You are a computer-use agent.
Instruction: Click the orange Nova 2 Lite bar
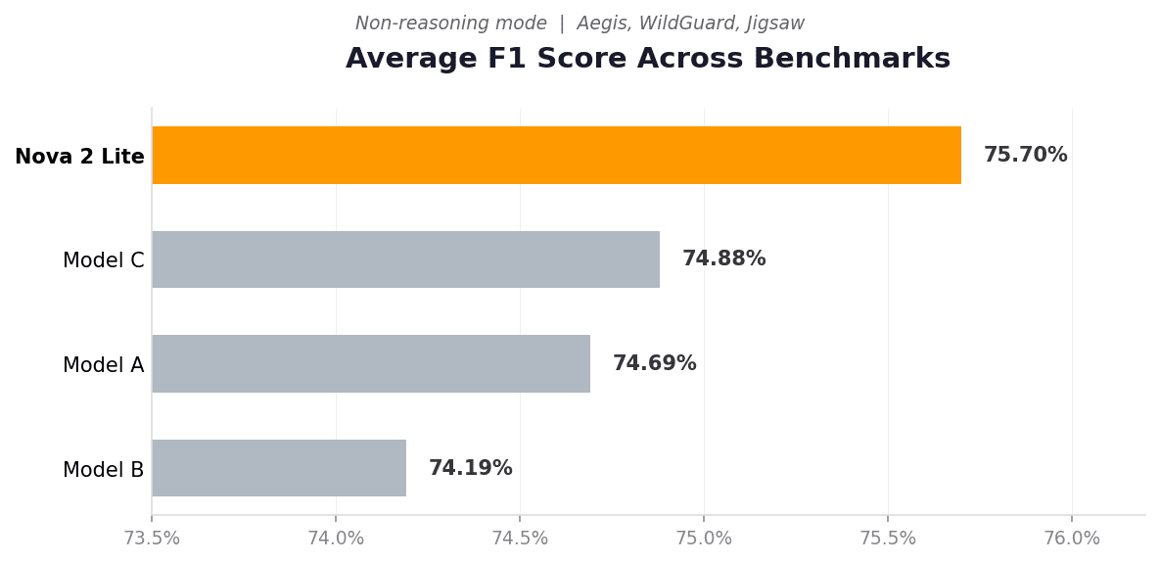pyautogui.click(x=556, y=155)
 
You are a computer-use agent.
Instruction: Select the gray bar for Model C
pyautogui.click(x=405, y=258)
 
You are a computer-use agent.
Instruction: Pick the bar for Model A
pyautogui.click(x=371, y=363)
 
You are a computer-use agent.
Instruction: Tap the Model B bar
pyautogui.click(x=279, y=468)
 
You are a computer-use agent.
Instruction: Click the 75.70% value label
pyautogui.click(x=1025, y=155)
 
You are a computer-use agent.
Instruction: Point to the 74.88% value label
pyautogui.click(x=723, y=258)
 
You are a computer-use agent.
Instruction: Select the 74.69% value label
pyautogui.click(x=654, y=363)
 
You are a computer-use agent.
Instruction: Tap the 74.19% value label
pyautogui.click(x=471, y=468)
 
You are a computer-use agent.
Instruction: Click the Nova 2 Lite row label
pyautogui.click(x=80, y=157)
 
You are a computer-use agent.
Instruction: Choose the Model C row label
pyautogui.click(x=104, y=260)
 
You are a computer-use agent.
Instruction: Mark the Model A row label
pyautogui.click(x=104, y=365)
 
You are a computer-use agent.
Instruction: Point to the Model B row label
pyautogui.click(x=104, y=470)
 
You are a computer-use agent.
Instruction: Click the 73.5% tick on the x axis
pyautogui.click(x=152, y=539)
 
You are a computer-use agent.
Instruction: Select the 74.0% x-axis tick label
pyautogui.click(x=336, y=539)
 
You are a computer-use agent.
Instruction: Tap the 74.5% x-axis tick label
pyautogui.click(x=520, y=539)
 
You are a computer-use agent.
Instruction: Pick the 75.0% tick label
pyautogui.click(x=704, y=539)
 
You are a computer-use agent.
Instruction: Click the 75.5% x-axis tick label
pyautogui.click(x=888, y=539)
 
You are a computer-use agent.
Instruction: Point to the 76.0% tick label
pyautogui.click(x=1072, y=539)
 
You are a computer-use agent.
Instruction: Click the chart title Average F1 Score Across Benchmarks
pyautogui.click(x=648, y=58)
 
